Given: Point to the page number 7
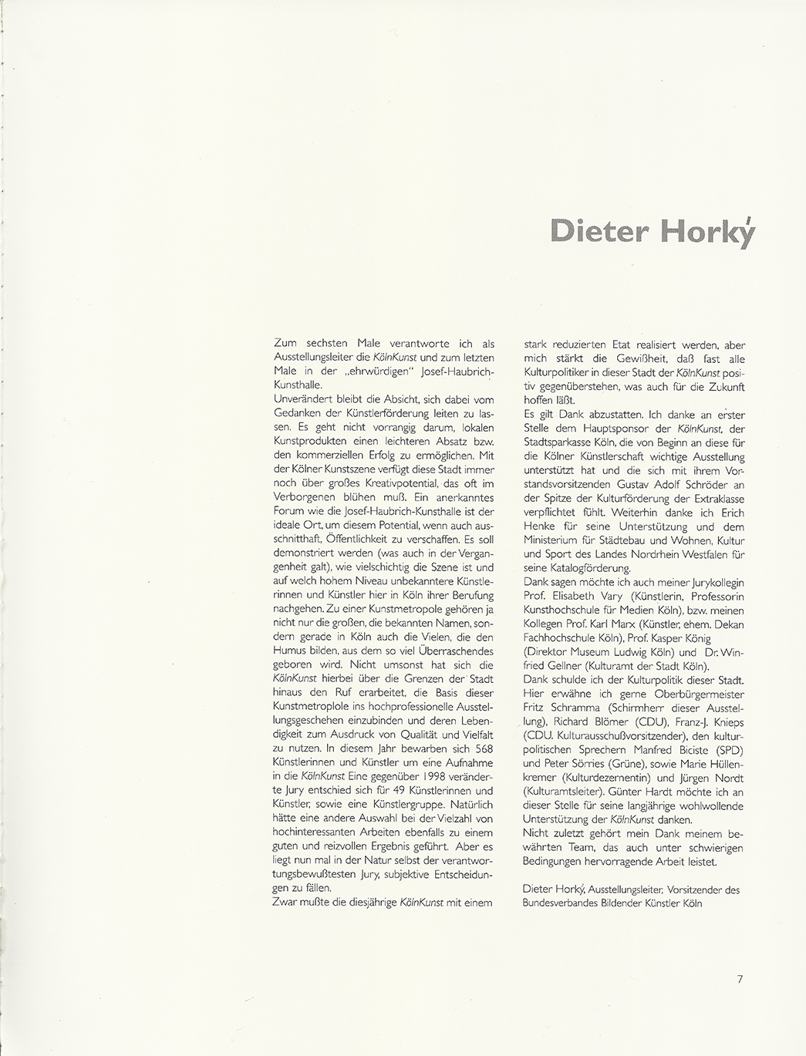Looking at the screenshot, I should (739, 980).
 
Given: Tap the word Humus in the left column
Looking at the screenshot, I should (288, 651).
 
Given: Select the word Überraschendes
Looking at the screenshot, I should (454, 651).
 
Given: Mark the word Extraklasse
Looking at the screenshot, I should (713, 498).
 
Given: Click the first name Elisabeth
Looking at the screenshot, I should (573, 596).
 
